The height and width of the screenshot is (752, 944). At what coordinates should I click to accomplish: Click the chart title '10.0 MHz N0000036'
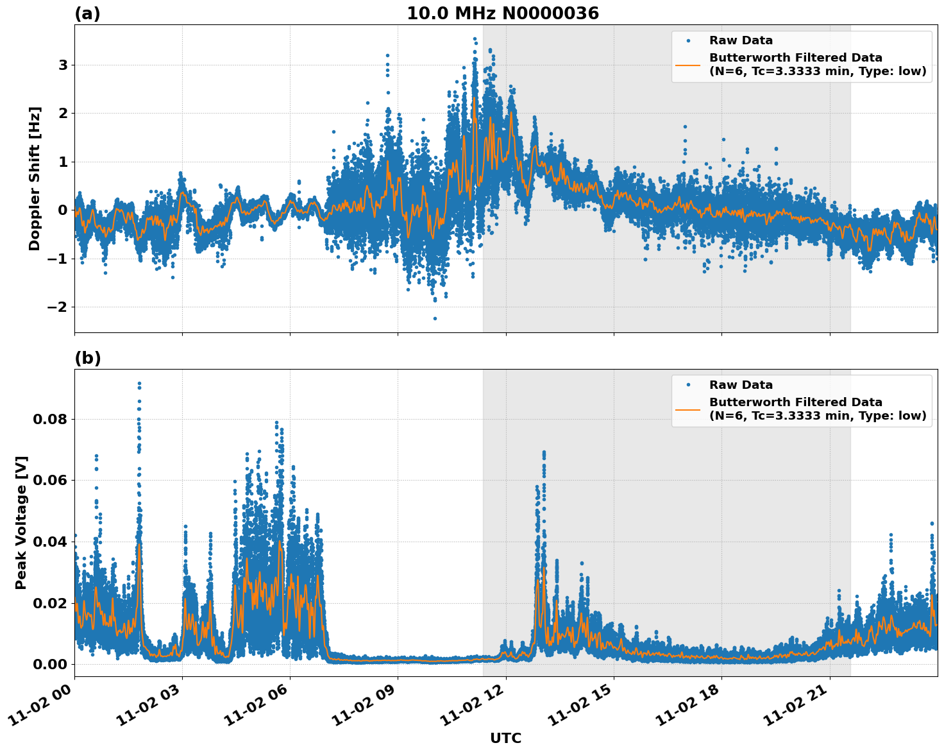pos(503,13)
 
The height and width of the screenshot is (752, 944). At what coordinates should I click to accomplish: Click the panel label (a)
pos(87,13)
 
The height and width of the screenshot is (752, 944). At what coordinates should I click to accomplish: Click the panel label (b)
pos(87,358)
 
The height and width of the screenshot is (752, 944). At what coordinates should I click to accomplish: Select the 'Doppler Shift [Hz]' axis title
pos(35,178)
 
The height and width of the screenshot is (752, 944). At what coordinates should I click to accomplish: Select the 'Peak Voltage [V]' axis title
pos(21,522)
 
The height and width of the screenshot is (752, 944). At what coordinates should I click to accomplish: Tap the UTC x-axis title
pos(505,738)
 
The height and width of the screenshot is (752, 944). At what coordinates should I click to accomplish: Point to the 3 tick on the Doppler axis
pos(63,65)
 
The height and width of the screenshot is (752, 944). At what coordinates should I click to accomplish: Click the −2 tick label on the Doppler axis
pos(58,307)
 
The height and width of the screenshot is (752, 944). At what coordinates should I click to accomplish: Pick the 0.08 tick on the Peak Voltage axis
pos(50,419)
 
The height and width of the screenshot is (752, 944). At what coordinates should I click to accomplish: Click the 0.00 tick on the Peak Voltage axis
pos(50,664)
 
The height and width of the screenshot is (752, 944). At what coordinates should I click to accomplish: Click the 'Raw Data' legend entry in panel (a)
pos(741,40)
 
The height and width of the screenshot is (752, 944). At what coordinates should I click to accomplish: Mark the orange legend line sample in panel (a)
pos(687,64)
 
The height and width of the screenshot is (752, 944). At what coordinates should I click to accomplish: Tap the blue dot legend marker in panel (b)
pos(687,385)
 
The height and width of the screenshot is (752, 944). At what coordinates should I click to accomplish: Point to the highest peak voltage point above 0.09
pos(139,383)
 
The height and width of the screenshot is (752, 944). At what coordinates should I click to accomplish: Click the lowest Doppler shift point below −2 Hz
pos(435,318)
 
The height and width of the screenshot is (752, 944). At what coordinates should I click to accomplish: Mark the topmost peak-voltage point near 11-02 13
pos(544,452)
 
